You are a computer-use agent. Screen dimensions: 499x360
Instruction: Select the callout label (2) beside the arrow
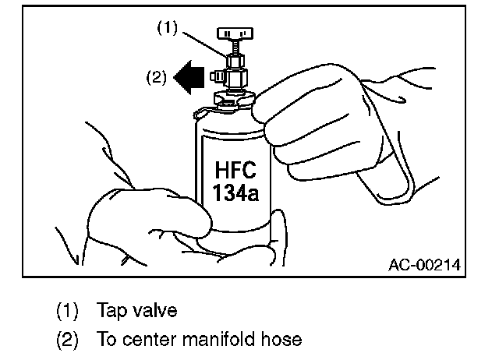click(157, 78)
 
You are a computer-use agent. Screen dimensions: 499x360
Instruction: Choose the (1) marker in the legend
click(68, 310)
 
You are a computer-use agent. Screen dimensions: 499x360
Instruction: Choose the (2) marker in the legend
click(68, 340)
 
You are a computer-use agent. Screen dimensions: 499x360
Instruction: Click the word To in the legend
click(106, 340)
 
